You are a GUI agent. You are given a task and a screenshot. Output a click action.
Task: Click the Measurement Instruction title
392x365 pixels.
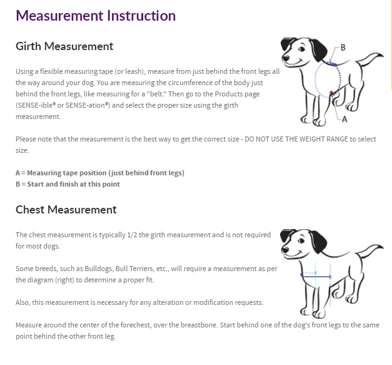point(96,16)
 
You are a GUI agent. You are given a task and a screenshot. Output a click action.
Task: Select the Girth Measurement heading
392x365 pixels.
point(64,46)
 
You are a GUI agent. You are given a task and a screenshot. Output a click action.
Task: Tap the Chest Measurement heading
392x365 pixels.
point(66,210)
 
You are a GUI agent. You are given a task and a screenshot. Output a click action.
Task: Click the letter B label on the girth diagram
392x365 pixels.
point(343,47)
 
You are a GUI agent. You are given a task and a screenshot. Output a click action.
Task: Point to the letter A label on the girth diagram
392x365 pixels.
point(345,118)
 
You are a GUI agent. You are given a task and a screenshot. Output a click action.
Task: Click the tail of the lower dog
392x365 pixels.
point(376,251)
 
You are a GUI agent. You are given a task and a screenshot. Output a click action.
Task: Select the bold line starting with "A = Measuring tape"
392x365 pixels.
point(99,173)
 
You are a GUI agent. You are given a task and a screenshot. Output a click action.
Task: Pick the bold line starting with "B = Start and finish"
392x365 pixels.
point(68,184)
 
